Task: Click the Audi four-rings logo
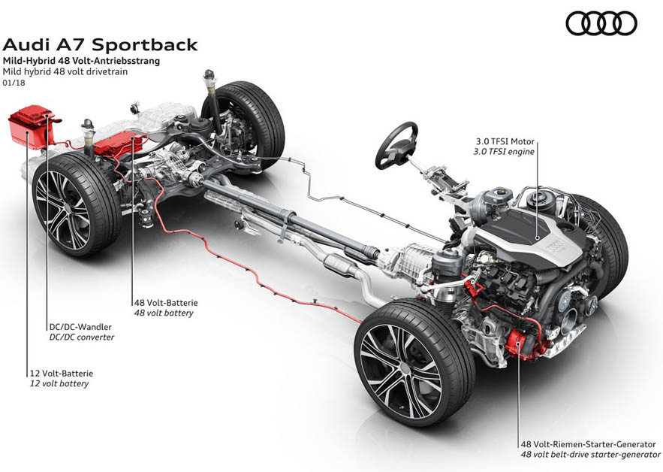(601, 23)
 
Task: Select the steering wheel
(396, 144)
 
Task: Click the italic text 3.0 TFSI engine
(505, 151)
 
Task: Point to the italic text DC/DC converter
(82, 337)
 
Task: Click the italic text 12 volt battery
(59, 383)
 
